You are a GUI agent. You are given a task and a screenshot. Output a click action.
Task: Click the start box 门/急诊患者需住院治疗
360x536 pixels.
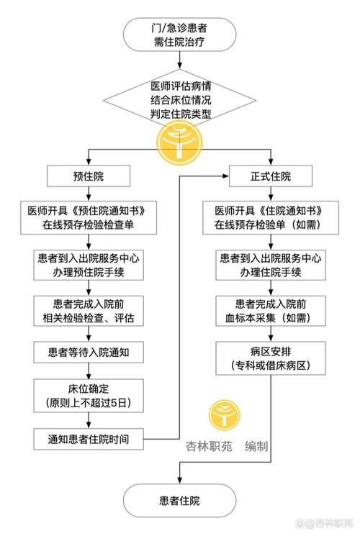coord(179,35)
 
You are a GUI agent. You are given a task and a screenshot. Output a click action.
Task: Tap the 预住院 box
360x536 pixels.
coord(89,176)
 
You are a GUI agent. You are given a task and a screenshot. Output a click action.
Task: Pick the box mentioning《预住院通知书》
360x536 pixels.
coord(89,217)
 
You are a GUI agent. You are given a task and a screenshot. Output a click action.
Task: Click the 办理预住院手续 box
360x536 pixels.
coord(89,265)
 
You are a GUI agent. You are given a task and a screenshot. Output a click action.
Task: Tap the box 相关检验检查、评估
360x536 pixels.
coord(89,310)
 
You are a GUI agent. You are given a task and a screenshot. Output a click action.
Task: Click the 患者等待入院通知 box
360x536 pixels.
coord(89,353)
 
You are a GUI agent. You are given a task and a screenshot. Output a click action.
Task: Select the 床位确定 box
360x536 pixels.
coord(89,394)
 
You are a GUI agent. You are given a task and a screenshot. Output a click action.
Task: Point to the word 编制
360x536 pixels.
coord(257,447)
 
